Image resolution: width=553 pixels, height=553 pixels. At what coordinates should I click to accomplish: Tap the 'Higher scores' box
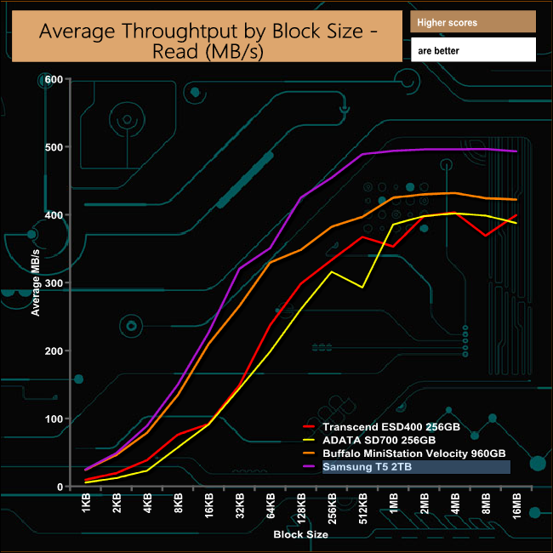(472, 22)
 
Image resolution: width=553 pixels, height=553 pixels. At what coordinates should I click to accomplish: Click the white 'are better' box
(472, 50)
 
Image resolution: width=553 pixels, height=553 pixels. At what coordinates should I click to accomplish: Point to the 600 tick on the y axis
(54, 79)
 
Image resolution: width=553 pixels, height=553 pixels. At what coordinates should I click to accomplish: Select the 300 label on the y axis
(54, 283)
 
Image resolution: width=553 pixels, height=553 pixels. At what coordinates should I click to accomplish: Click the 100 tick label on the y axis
(54, 419)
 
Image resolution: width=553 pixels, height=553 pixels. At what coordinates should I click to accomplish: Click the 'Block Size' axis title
(300, 535)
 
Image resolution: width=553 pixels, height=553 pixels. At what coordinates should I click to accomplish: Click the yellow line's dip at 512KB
(362, 288)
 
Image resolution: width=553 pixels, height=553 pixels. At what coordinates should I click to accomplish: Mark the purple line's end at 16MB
(516, 151)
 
